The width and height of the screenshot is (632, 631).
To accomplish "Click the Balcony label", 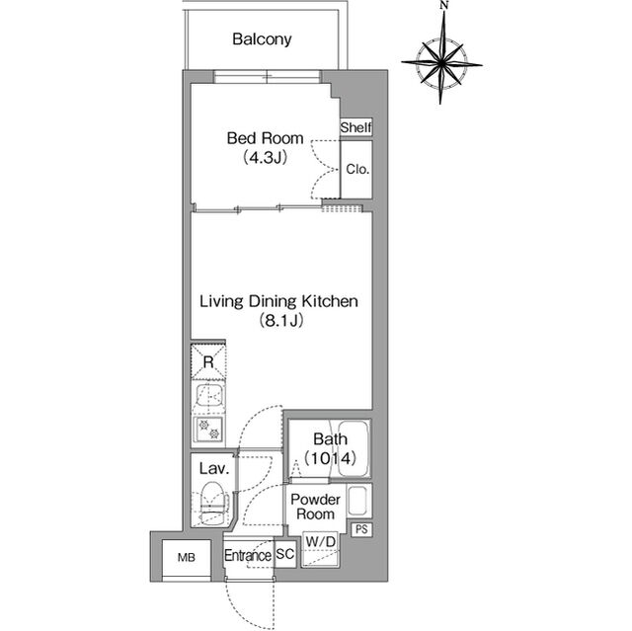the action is (x=262, y=39).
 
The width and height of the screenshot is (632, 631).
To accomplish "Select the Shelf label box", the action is (x=355, y=127).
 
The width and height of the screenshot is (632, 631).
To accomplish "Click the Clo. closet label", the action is (x=357, y=169).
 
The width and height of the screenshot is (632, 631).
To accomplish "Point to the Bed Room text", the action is (x=265, y=138).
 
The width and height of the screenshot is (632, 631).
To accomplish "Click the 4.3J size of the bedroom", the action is (x=265, y=158).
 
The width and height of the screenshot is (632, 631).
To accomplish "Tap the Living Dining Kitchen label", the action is (x=278, y=301).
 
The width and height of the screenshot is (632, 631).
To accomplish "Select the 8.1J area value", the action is (x=280, y=321).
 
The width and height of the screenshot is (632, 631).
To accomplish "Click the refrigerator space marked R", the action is (x=208, y=361).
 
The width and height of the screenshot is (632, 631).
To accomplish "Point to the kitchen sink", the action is (x=208, y=397).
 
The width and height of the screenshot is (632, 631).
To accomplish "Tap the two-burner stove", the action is (x=208, y=430).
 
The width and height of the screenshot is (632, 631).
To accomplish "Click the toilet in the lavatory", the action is (x=212, y=504).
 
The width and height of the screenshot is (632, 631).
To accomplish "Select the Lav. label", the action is (x=214, y=468).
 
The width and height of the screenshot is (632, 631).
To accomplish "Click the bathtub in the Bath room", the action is (x=354, y=448).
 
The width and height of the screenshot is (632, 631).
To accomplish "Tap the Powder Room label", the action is (x=315, y=507).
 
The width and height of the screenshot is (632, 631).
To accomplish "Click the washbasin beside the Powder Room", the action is (x=358, y=501).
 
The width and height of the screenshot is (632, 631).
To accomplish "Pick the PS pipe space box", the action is (x=361, y=529).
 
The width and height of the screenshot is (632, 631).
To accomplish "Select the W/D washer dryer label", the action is (x=320, y=542).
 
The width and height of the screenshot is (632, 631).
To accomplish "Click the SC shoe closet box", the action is (x=285, y=554).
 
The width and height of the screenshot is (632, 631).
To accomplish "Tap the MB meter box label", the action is (x=187, y=557).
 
